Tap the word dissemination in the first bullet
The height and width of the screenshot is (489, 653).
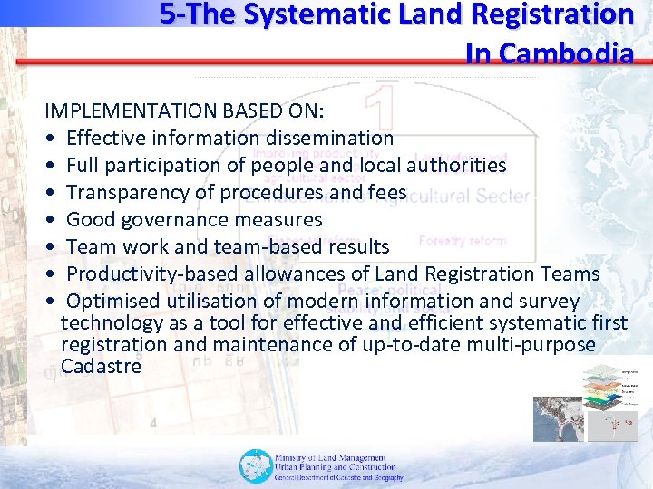tap(327, 138)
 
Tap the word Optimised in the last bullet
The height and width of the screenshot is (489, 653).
tap(113, 301)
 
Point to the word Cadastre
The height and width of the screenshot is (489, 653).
tap(101, 366)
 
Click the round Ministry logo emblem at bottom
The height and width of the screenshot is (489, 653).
tap(254, 465)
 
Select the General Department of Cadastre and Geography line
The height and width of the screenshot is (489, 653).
tap(338, 477)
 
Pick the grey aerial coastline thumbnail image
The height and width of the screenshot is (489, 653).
tap(558, 417)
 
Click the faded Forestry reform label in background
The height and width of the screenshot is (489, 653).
tap(462, 241)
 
